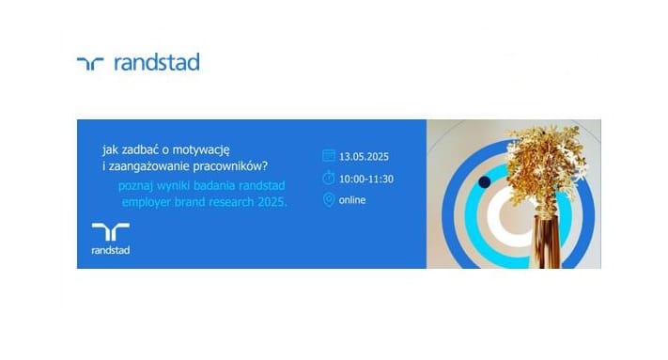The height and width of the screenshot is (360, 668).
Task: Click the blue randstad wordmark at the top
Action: coord(156,63)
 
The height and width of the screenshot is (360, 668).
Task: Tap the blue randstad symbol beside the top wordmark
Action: coord(90,63)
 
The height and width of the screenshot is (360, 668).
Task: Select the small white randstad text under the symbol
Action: coord(110,250)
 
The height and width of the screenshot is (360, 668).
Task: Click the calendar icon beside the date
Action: coord(328,155)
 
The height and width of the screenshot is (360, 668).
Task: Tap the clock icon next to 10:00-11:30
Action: coord(328,177)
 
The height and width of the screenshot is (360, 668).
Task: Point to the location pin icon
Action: coord(328,199)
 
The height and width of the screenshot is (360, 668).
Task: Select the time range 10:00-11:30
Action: coord(366,178)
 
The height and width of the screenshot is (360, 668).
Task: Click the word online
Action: coord(353,199)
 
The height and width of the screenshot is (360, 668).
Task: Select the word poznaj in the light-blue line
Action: coord(135,186)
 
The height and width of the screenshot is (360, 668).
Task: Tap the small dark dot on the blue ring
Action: coord(484,180)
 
